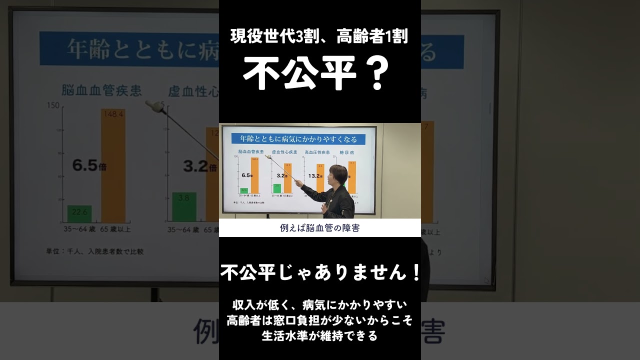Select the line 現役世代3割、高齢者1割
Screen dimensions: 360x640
(x=319, y=36)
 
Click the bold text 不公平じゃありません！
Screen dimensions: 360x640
(x=320, y=273)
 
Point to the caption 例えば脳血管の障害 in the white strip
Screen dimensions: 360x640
(x=320, y=228)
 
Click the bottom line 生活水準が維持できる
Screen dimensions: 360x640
(x=320, y=335)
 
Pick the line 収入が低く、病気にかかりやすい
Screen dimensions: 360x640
(x=320, y=304)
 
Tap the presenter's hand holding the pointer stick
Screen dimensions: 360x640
(x=298, y=183)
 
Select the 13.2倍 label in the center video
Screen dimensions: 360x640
(x=315, y=176)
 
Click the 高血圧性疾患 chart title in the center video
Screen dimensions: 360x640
(x=317, y=151)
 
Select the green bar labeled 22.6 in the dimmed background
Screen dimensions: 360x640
(x=79, y=213)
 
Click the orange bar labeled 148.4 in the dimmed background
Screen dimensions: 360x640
(x=113, y=165)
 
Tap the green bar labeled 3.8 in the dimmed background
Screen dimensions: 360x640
(x=184, y=207)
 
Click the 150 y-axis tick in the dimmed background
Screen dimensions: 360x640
(x=53, y=105)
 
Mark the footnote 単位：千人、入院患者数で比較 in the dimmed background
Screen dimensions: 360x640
(x=95, y=251)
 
